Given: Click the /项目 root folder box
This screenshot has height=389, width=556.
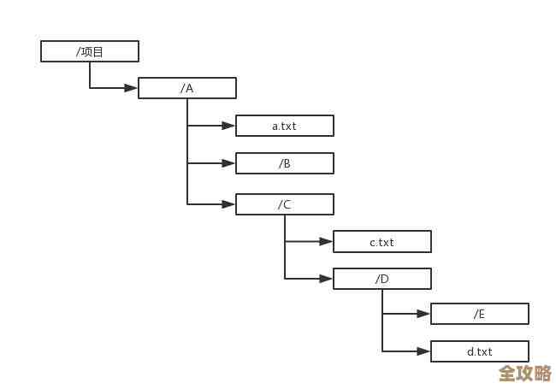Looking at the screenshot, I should pos(90,51).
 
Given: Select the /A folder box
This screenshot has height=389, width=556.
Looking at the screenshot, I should pos(187,88).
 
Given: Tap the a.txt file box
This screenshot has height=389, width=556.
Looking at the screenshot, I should pos(285,126).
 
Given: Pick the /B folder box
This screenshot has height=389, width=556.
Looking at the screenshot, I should pos(285,163).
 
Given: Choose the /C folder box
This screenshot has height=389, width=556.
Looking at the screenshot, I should pos(285,204).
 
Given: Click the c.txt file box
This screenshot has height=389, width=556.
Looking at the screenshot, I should pos(382,242).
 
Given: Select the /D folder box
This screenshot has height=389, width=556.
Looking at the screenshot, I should pos(382,279).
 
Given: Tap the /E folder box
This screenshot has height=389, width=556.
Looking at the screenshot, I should pos(480,314).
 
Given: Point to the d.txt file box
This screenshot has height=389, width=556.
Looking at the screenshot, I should pos(480,351).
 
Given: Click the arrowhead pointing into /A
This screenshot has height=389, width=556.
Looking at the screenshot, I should pos(131,88).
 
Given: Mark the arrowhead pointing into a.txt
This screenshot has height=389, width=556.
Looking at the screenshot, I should pos(228,126).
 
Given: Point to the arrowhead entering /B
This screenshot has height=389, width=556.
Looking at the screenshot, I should pos(228,163).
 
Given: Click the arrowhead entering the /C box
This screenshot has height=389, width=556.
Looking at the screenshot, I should pos(228,204).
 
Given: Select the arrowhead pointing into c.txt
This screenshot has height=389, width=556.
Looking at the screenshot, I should pos(326,242).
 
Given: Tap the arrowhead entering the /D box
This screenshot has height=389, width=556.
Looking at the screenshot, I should pos(326,279).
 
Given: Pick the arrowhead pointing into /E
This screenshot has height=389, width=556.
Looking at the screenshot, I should pos(423,314).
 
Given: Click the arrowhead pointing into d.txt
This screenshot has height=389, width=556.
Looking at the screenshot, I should pos(423,351).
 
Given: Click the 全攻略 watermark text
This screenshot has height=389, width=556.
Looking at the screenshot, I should pos(525,374).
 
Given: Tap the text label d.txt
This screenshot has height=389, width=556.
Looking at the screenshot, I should pos(480,351).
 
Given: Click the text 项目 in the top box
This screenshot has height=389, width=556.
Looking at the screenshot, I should pos(92,51).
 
